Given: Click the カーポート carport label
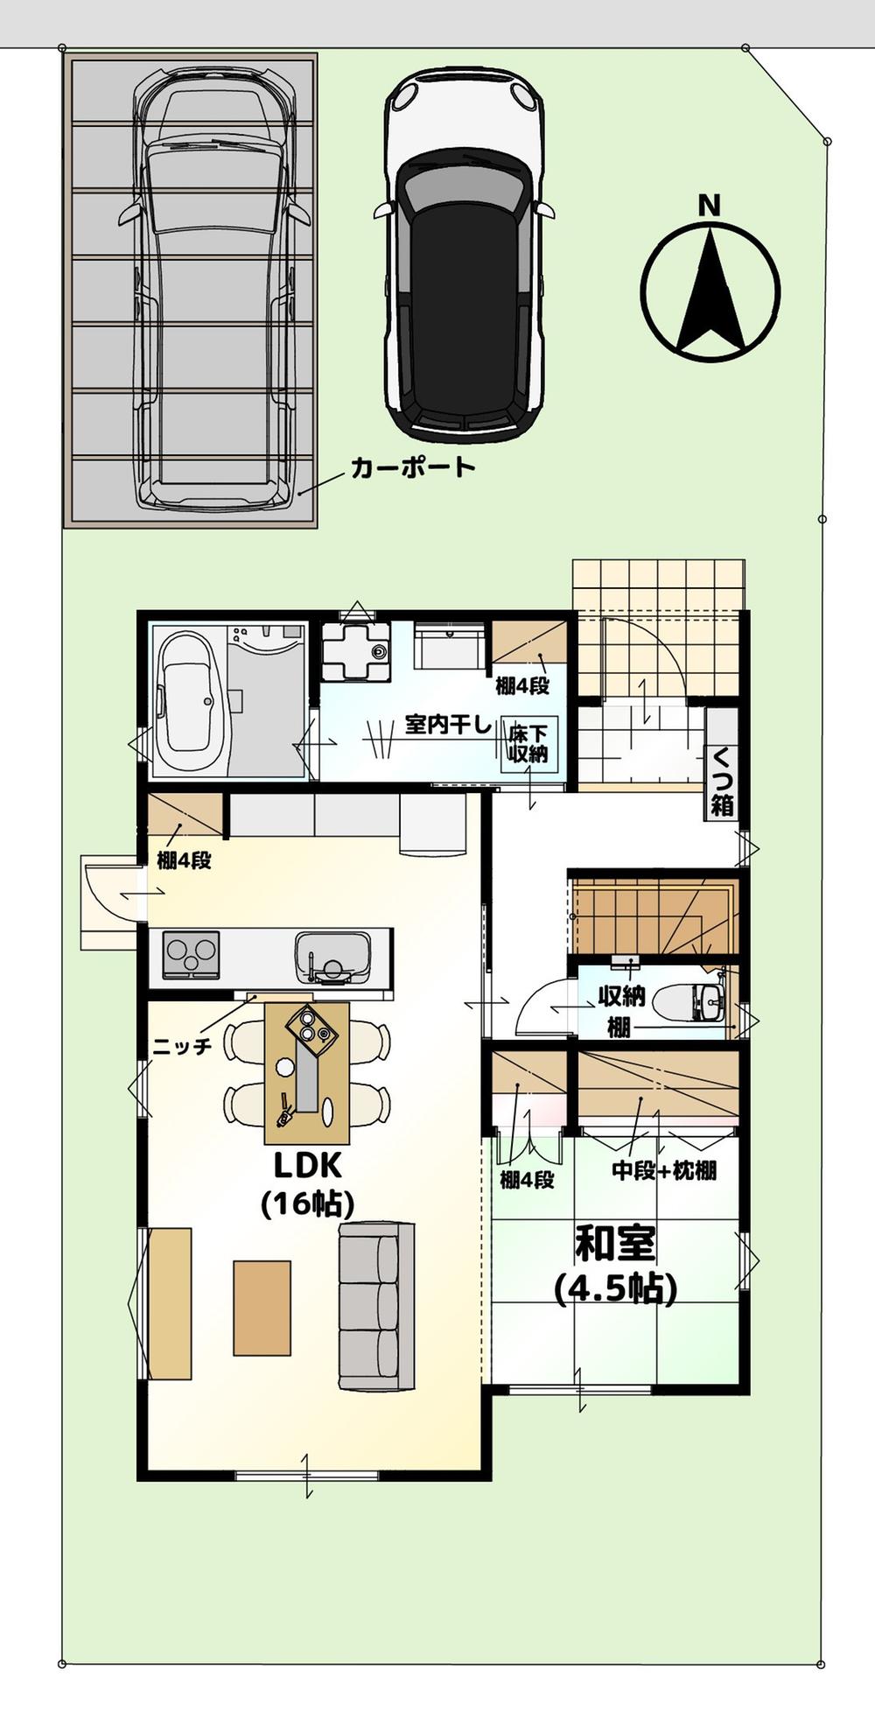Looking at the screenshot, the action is pyautogui.click(x=413, y=467).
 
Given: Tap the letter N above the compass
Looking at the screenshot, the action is pyautogui.click(x=709, y=206).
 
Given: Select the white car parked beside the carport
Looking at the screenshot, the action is pyautogui.click(x=464, y=254).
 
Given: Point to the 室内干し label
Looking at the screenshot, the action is pyautogui.click(x=448, y=725).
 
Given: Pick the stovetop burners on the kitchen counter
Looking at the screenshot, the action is pyautogui.click(x=191, y=955).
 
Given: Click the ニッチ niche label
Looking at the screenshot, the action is pyautogui.click(x=182, y=1046).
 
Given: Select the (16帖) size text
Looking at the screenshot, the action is pyautogui.click(x=307, y=1205).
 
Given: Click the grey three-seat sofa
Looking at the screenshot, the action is pyautogui.click(x=376, y=1306).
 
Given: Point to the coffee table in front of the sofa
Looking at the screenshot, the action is pyautogui.click(x=262, y=1308).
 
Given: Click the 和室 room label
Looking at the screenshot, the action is pyautogui.click(x=615, y=1244).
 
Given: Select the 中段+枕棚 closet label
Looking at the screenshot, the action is pyautogui.click(x=664, y=1170).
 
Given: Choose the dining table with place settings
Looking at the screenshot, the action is pyautogui.click(x=307, y=1073).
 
